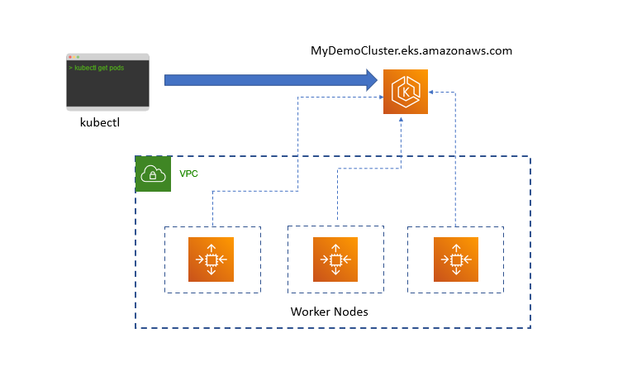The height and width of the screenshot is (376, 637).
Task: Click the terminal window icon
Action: (x=107, y=82)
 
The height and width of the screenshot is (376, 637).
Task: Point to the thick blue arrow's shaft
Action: (x=264, y=80)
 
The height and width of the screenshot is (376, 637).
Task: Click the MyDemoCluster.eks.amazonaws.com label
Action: (x=411, y=50)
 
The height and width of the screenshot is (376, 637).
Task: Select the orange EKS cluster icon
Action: (x=405, y=92)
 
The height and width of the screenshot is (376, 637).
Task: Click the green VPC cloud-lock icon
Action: (x=153, y=174)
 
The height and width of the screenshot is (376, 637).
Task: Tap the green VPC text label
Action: (x=188, y=174)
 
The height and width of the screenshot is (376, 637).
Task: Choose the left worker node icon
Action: (x=212, y=259)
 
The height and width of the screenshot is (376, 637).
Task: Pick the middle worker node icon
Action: (x=335, y=259)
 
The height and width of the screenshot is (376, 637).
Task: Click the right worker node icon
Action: (x=456, y=259)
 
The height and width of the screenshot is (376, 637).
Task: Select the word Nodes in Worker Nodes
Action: (x=350, y=312)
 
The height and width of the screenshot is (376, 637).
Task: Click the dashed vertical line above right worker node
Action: (x=455, y=165)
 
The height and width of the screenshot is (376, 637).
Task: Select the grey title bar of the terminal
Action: (x=107, y=57)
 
